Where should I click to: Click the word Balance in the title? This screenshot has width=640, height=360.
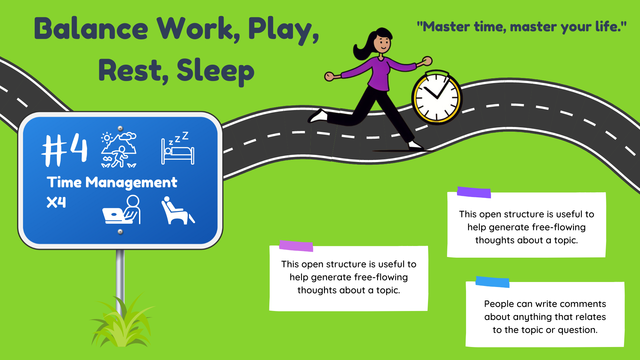coord(91,29)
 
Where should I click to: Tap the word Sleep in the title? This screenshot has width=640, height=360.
coord(215,71)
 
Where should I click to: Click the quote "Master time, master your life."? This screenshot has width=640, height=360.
coord(522,27)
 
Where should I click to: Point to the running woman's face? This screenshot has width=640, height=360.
coord(383,43)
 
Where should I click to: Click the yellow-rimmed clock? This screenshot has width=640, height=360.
coord(437,97)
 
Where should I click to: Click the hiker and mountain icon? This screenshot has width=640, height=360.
coord(119,150)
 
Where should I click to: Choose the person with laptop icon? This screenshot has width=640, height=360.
coord(122,210)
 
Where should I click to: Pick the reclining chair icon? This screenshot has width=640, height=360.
coord(178,210)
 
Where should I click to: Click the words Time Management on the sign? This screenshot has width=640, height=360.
coord(112,182)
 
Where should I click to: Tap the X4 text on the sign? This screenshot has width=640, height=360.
coord(56,202)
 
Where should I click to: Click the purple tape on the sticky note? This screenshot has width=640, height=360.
coord(474,192)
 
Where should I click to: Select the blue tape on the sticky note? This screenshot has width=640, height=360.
coord(492,282)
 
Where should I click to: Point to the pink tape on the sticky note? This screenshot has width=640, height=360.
coord(296,246)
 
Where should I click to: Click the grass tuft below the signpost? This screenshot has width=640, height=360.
coord(122,322)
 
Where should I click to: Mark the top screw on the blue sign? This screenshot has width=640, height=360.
coord(120,128)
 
